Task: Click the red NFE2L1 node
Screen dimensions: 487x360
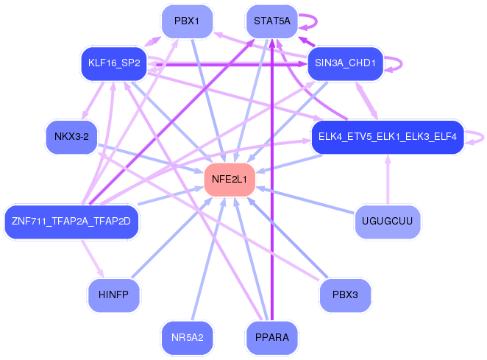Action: [x=230, y=180]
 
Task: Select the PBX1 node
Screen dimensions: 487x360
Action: [x=187, y=21]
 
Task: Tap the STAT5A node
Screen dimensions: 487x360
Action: [x=272, y=21]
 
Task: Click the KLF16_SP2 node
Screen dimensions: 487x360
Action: [x=114, y=63]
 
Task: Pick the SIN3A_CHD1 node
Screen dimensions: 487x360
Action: [x=345, y=63]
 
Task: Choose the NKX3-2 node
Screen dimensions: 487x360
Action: [x=72, y=137]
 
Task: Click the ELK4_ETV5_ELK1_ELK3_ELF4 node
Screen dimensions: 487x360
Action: [x=388, y=137]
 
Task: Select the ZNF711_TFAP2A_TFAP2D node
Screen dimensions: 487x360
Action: [x=71, y=222]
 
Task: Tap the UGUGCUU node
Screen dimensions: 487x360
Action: [x=388, y=222]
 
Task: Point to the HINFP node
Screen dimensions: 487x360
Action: [x=114, y=295]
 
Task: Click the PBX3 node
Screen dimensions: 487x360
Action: [x=345, y=295]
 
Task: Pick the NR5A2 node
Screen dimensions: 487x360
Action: [x=188, y=338]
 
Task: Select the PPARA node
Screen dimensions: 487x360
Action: [x=272, y=338]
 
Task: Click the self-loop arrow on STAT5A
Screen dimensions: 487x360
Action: [x=316, y=21]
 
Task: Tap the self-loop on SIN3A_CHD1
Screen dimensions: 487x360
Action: [x=402, y=64]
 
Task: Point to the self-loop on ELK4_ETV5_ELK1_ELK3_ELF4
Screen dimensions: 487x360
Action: [x=483, y=137]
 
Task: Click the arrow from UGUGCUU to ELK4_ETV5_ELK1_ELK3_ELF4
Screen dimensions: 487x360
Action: [x=388, y=180]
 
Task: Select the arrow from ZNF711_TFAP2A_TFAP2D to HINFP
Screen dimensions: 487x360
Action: [x=92, y=258]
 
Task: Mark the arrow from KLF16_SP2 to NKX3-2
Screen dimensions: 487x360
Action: [x=93, y=100]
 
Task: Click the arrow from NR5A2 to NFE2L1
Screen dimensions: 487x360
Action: [x=209, y=258]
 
